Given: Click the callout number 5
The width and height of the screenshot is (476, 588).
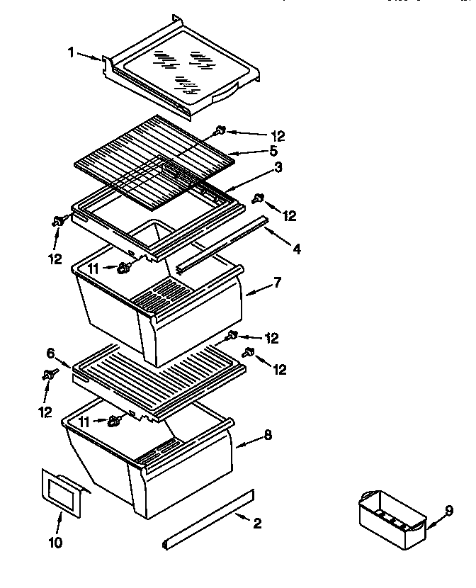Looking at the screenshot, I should point(273,151).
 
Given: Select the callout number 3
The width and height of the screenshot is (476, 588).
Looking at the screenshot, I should point(279,167).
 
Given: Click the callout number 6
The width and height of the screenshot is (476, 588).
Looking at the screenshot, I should point(51,352).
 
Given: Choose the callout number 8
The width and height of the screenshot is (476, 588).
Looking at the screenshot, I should point(268,436).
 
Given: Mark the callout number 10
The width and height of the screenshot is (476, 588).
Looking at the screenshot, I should point(55,543).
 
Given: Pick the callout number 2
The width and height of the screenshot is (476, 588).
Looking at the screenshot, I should point(256,524).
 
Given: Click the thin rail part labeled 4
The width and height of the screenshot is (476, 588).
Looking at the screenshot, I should point(223,245).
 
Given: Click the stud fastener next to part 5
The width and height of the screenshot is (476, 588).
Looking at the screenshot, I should point(220,130).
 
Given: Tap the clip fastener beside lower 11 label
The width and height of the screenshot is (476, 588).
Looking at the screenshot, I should point(113,422).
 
